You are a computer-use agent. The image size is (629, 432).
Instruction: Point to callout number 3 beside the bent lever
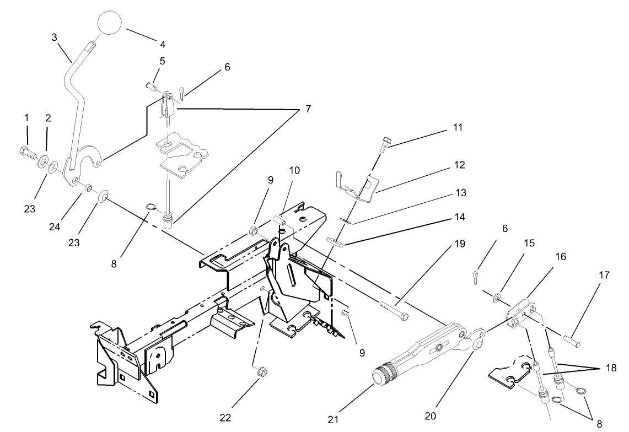(x=54, y=37)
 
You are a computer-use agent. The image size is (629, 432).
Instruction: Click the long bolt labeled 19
(x=393, y=309)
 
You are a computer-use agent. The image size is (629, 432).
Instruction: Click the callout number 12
(x=460, y=165)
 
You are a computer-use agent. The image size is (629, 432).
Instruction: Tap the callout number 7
(x=308, y=109)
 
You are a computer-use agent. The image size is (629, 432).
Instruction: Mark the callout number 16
(x=545, y=257)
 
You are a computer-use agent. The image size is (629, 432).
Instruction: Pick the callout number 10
(x=294, y=171)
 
